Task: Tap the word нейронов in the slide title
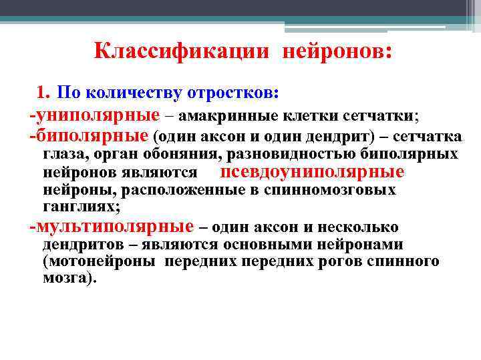333,51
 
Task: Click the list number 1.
43,91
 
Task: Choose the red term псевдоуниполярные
312,172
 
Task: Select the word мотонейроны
100,261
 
